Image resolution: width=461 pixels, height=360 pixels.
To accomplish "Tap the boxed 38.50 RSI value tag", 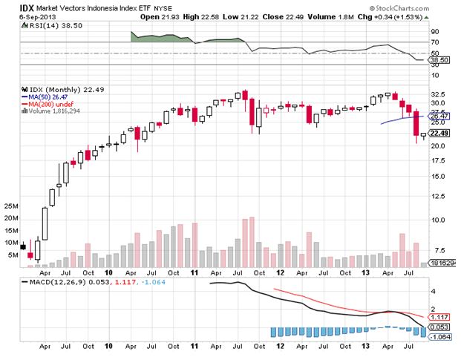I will [x=439, y=59].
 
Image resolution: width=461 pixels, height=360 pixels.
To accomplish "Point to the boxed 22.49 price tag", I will [x=439, y=134].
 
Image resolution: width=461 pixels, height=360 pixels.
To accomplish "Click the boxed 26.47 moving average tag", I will [x=439, y=117].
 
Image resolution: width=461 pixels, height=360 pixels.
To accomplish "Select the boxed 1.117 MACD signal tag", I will [x=439, y=317].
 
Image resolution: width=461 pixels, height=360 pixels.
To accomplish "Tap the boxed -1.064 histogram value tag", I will [x=439, y=336].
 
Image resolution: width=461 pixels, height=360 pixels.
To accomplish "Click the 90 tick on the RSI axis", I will [x=434, y=32].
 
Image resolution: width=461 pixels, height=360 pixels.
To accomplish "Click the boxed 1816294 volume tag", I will [x=443, y=264].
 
